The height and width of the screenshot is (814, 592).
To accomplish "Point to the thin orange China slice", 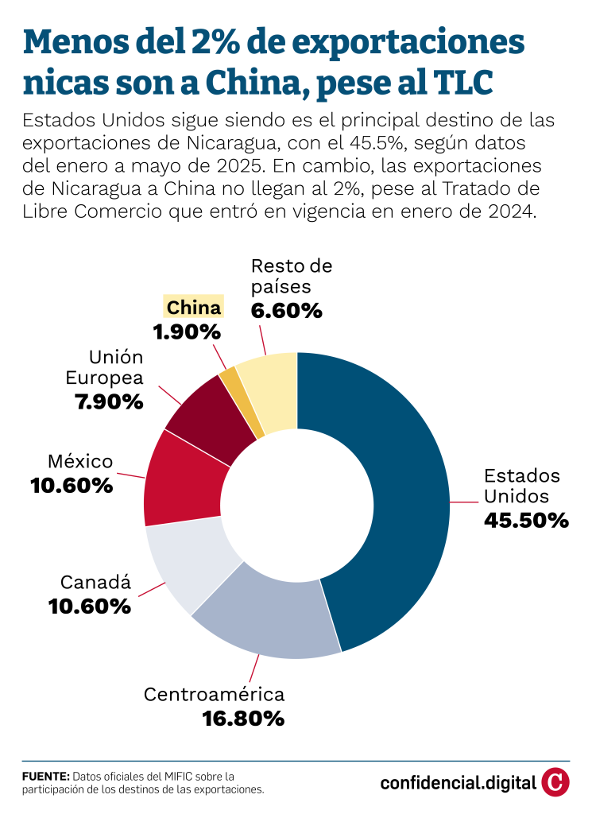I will [241, 397].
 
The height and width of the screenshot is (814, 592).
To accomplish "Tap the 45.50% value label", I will [526, 521].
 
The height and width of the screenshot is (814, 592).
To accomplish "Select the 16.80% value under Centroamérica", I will [243, 719].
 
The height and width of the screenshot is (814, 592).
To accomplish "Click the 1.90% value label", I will [185, 331].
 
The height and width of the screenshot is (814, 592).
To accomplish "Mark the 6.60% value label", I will [286, 311].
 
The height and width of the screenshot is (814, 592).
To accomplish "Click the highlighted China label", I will [194, 307].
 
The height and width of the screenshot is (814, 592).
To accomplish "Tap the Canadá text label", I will [95, 583].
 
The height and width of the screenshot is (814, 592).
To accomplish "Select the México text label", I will [80, 461].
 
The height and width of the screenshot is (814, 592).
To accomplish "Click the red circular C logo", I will [555, 782].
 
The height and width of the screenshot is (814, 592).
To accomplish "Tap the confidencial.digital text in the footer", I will [458, 783].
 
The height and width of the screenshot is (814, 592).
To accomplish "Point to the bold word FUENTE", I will [45, 776].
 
